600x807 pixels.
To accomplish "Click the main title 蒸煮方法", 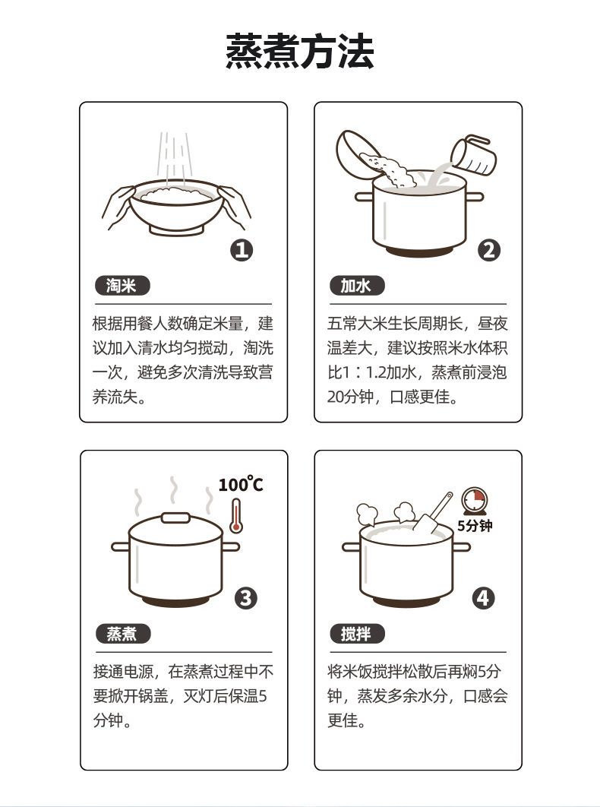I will [300, 52].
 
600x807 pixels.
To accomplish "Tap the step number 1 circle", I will [242, 250].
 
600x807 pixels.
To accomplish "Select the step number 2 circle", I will [488, 250].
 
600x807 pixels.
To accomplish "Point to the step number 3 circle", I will [245, 598].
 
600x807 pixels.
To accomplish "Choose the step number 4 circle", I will [483, 598].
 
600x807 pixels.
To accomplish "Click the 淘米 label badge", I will [122, 286].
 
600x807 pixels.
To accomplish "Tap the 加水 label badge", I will [356, 286].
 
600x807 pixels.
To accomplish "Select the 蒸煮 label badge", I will [122, 634].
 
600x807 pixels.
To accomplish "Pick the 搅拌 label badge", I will [356, 634].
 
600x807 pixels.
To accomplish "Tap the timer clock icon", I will [475, 501].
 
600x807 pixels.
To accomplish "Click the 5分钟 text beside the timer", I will [475, 526].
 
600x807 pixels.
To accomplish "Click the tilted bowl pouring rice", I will [362, 153].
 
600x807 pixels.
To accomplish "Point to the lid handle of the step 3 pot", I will [175, 517].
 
